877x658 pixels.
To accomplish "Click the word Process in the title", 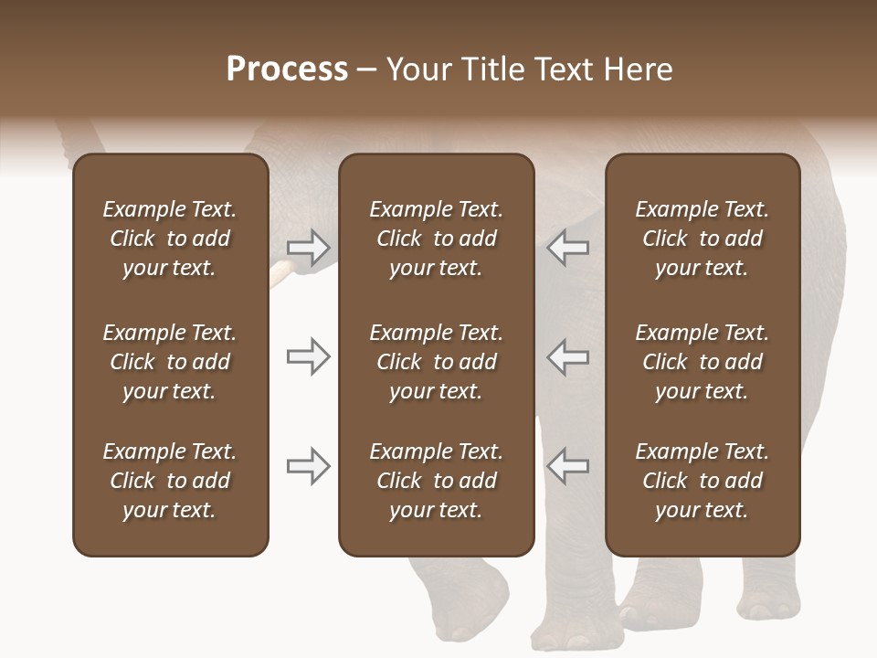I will pyautogui.click(x=287, y=69).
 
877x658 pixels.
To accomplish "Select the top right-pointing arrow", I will pyautogui.click(x=308, y=247).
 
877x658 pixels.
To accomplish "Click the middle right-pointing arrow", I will pyautogui.click(x=308, y=356).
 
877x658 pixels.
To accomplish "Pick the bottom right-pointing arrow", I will pyautogui.click(x=308, y=466).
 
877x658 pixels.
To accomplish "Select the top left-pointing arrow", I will pyautogui.click(x=567, y=247).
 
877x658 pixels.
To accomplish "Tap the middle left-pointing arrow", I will pyautogui.click(x=567, y=356).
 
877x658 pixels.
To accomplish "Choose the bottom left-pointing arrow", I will pyautogui.click(x=567, y=466).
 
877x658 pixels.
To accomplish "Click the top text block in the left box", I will pyautogui.click(x=170, y=239).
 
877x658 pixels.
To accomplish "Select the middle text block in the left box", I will pyautogui.click(x=170, y=362).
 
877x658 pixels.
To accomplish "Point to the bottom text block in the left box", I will pyautogui.click(x=170, y=481).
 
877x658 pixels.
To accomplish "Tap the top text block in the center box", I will pyautogui.click(x=436, y=239).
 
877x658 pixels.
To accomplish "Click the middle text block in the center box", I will pyautogui.click(x=436, y=362).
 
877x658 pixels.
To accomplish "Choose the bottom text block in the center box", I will pyautogui.click(x=436, y=481).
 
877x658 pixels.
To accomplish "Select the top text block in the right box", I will pyautogui.click(x=702, y=239).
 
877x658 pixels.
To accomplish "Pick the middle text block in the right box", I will pyautogui.click(x=702, y=362).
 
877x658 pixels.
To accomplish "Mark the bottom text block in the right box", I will pyautogui.click(x=702, y=481).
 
